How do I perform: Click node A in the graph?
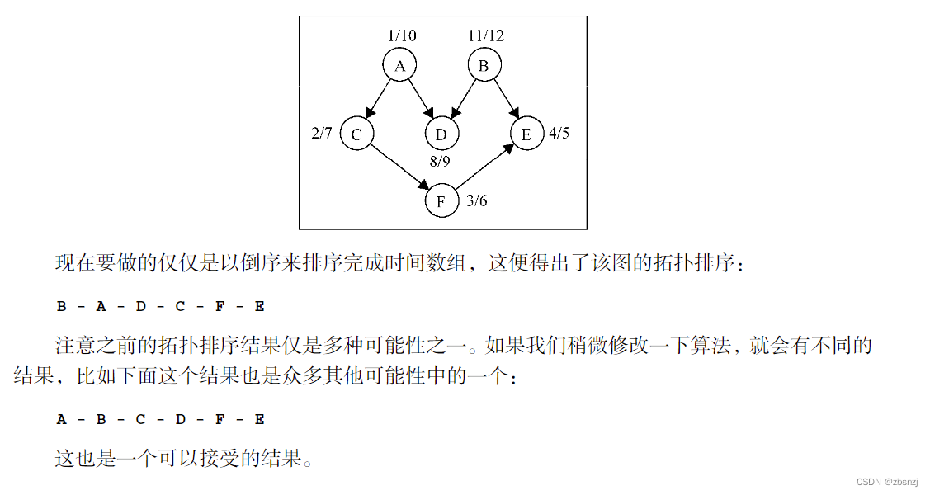[x=400, y=66]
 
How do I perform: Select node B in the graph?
[x=484, y=66]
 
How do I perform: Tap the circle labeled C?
[x=357, y=134]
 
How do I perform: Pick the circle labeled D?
[x=441, y=134]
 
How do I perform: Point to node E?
[x=526, y=134]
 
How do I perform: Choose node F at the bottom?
[x=441, y=201]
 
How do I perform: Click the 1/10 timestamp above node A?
[x=402, y=35]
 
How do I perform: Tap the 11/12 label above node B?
[x=485, y=35]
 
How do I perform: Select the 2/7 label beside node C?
[x=322, y=133]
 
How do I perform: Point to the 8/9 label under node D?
[x=440, y=162]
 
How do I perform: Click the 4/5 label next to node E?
[x=559, y=133]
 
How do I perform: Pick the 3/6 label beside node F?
[x=476, y=200]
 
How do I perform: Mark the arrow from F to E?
[x=484, y=168]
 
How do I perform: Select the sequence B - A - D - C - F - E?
[x=161, y=307]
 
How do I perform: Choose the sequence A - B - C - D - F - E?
[x=161, y=419]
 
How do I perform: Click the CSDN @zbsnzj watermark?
[x=888, y=482]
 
